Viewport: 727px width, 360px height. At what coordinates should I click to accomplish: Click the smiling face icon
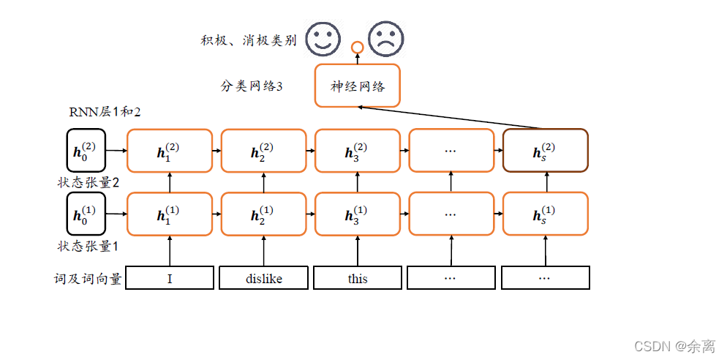[x=323, y=39]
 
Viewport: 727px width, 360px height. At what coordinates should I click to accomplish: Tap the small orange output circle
[x=357, y=48]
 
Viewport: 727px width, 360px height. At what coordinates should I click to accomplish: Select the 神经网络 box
[x=358, y=85]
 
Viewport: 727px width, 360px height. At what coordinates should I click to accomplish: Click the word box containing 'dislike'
[x=263, y=278]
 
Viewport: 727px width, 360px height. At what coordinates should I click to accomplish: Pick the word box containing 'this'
[x=358, y=278]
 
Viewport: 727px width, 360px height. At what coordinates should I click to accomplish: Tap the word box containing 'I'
[x=170, y=278]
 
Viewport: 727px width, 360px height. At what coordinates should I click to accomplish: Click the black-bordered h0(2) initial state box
[x=86, y=150]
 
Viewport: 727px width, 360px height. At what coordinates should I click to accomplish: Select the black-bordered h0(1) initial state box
[x=86, y=214]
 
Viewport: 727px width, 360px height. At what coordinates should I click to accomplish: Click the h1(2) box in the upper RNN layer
[x=170, y=150]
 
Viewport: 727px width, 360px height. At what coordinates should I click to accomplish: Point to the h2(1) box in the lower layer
[x=263, y=214]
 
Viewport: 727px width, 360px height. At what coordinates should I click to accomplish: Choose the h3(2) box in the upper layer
[x=358, y=150]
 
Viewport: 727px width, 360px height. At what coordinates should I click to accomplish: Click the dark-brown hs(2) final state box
[x=545, y=150]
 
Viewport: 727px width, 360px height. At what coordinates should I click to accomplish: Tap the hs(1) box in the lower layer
[x=545, y=214]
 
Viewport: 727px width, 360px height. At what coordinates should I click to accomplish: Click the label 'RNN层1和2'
[x=104, y=113]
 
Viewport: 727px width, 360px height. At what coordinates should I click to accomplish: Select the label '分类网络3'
[x=252, y=86]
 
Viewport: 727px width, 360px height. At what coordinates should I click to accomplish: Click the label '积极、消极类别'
[x=249, y=40]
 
